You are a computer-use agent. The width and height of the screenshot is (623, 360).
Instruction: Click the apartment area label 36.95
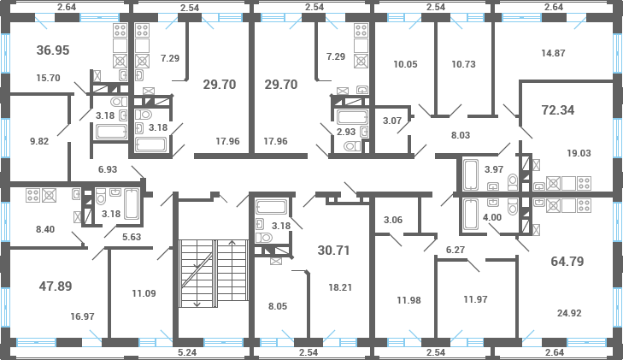53,51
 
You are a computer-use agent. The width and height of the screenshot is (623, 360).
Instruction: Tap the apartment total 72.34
558,110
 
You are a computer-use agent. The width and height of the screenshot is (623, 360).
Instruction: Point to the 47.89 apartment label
56,286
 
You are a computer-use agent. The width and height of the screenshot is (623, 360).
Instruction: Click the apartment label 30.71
334,251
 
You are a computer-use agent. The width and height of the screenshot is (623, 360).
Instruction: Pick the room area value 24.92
568,313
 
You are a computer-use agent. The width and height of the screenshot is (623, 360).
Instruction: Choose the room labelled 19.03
579,153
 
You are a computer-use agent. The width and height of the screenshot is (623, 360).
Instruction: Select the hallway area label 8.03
461,134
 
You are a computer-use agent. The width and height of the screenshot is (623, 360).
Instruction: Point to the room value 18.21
340,287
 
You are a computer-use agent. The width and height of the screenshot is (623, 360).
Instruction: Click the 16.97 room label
83,316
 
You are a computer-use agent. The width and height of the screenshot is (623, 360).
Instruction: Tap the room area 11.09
144,294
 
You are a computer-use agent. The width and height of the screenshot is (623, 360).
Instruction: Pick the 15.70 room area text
49,78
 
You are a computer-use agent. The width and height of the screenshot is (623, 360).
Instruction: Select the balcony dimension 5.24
186,351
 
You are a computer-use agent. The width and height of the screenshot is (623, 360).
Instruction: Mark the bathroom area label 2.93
346,133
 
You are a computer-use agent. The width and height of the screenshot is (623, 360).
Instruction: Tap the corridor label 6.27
455,250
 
